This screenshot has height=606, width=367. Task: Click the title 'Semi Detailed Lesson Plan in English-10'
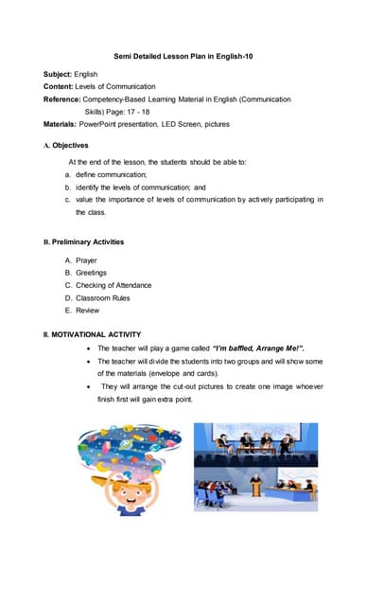183,57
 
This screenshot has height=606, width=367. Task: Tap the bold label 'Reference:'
61,99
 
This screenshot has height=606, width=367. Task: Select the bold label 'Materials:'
60,124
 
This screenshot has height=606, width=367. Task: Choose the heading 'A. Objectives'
65,146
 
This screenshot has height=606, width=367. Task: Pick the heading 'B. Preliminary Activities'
83,242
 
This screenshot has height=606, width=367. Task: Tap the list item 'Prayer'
86,260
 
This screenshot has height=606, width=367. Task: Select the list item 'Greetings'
91,273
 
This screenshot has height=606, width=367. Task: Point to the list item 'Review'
87,311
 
